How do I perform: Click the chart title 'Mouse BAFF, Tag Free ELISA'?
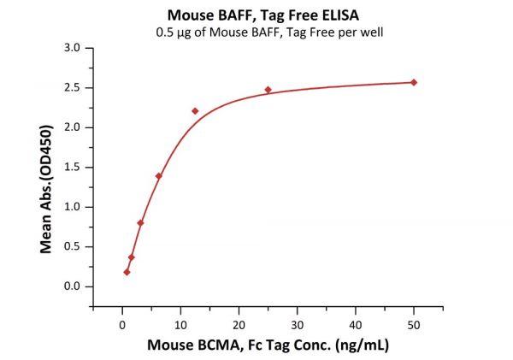tap(256, 15)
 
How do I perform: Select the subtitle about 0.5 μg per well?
tap(256, 33)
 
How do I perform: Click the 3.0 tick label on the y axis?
tap(73, 48)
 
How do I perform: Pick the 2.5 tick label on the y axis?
tap(73, 87)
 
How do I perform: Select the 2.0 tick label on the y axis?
tap(73, 127)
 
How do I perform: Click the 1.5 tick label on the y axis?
tap(73, 167)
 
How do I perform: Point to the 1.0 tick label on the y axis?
tap(73, 207)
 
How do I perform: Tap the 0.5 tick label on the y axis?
tap(73, 246)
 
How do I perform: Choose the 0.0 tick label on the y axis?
tap(73, 286)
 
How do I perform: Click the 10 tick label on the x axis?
tap(180, 324)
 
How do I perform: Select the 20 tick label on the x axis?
tap(239, 324)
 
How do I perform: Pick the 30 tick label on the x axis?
tap(297, 324)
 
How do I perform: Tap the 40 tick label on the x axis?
tap(356, 324)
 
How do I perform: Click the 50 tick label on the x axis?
tap(414, 324)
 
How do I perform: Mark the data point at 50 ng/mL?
tap(414, 82)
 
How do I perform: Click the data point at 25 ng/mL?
tap(268, 90)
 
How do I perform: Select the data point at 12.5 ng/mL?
tap(195, 111)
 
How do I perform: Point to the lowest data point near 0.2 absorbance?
tap(127, 272)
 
